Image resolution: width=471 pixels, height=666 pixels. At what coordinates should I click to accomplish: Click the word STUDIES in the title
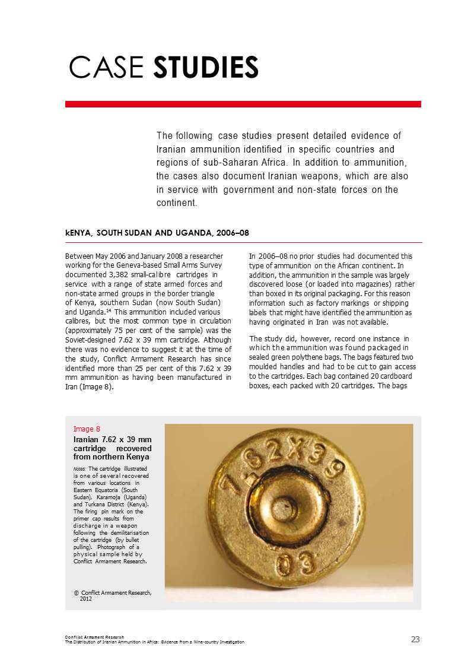point(206,68)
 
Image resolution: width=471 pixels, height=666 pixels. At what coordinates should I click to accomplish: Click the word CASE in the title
point(107,68)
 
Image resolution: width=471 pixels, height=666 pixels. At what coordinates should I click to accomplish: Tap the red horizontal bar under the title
point(243,104)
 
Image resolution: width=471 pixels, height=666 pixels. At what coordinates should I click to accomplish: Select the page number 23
point(415,639)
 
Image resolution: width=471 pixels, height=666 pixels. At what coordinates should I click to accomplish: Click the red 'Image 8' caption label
point(87,429)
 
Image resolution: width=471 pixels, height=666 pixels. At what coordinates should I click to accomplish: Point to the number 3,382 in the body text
point(125,275)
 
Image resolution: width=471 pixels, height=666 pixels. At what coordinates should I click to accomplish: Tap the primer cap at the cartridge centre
point(284,509)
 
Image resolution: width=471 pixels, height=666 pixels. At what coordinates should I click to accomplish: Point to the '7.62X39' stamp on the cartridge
point(279,460)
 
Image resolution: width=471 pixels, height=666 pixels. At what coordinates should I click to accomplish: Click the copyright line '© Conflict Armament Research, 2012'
point(113,595)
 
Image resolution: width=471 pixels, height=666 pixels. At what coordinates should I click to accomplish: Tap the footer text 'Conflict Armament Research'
point(94,637)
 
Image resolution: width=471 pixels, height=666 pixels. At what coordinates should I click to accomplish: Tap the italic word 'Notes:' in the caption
point(80,469)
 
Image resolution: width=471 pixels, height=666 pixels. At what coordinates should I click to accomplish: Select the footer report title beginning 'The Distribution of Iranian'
point(154,642)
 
